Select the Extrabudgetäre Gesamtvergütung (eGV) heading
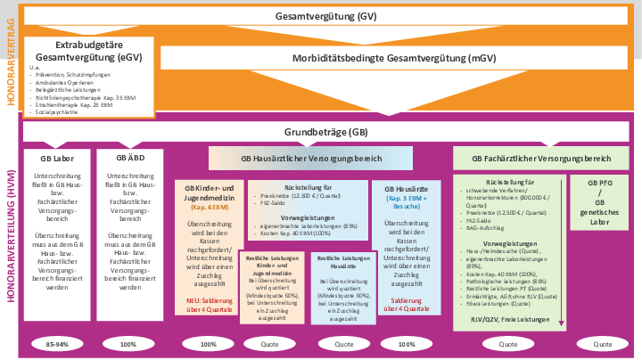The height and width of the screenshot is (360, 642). point(88,50)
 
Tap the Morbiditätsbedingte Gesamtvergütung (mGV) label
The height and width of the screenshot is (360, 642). point(395,59)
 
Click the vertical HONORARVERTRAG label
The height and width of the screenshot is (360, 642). point(10,58)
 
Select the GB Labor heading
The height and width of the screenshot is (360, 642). point(57,158)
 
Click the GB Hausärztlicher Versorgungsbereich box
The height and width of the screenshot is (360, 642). point(312,159)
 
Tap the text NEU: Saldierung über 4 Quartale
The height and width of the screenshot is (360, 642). point(209,304)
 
